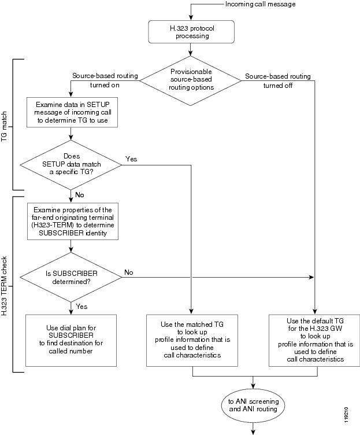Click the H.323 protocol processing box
pos(192,32)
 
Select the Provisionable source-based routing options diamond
pos(192,80)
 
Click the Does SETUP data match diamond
pos(70,164)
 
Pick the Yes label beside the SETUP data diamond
pos(131,158)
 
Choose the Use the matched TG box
pos(192,339)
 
